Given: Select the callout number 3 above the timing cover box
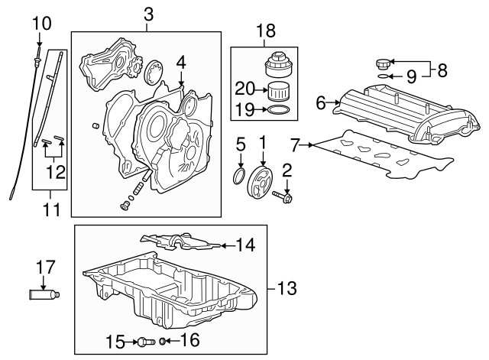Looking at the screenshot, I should pos(147,14).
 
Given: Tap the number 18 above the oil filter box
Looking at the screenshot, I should pos(264,31).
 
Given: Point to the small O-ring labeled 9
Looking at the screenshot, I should pos(384,76).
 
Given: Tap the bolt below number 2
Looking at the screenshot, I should pos(288,196).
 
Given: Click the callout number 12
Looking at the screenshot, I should pos(54,173).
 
